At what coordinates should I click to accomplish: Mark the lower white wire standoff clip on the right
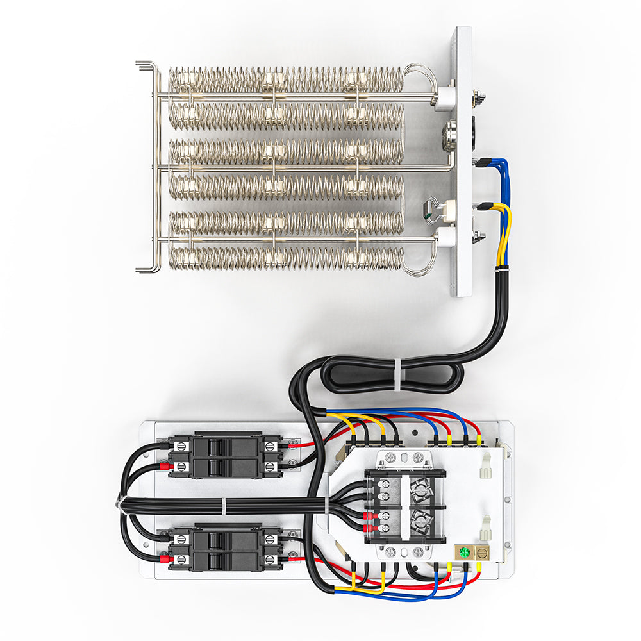point(485,528)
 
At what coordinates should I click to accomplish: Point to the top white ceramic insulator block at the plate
point(444,99)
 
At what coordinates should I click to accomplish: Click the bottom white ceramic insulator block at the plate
point(444,239)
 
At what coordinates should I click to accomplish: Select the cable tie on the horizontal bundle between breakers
point(223,506)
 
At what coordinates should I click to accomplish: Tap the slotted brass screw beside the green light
point(480,551)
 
